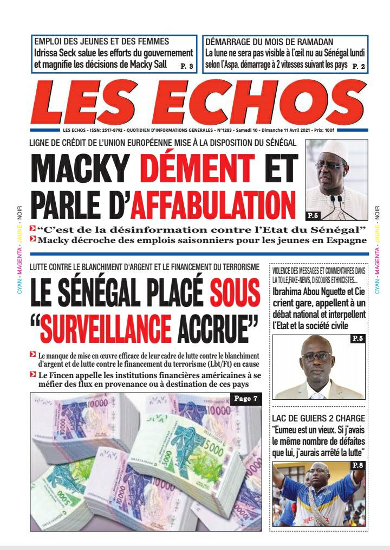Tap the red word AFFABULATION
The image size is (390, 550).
tap(214, 204)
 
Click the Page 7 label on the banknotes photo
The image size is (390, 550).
tap(246, 399)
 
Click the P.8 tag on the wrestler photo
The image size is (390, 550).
tap(357, 465)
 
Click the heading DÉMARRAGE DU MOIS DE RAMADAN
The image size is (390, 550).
tap(269, 42)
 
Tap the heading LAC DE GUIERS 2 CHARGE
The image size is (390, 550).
tap(318, 419)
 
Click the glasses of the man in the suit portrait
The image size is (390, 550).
tap(317, 356)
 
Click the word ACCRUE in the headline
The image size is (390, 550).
tap(217, 324)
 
